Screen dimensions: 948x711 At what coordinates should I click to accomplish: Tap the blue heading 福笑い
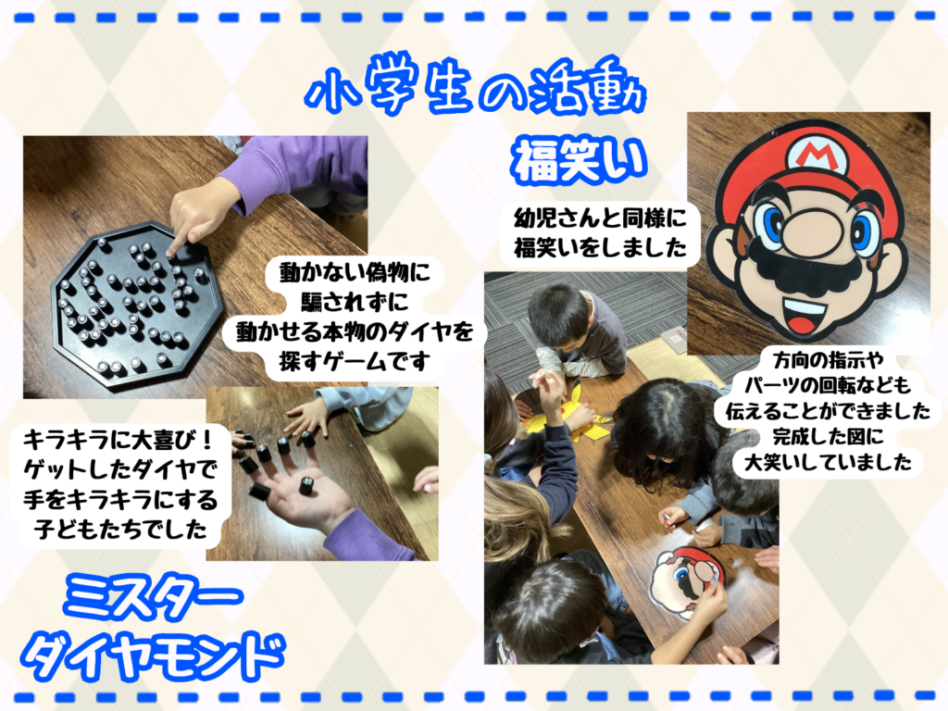(580, 160)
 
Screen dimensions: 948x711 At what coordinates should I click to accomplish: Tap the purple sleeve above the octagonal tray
(296, 168)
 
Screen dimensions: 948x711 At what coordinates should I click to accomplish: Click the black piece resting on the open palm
(307, 486)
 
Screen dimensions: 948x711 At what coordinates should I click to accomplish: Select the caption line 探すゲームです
(355, 362)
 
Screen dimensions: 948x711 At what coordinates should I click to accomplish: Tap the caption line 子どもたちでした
(121, 529)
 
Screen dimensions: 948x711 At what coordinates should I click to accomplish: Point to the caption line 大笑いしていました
(828, 463)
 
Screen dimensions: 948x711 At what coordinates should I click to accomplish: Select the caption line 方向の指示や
(828, 360)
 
